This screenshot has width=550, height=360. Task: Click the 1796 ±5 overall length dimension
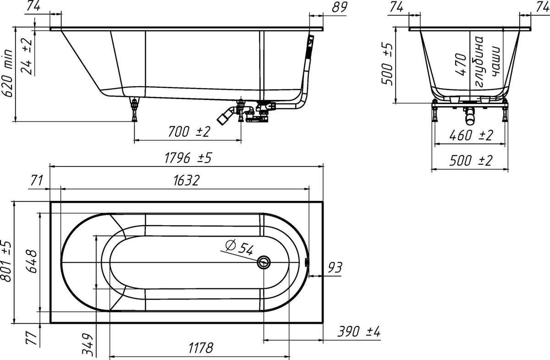(x=188, y=158)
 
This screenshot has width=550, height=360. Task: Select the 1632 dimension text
(x=187, y=180)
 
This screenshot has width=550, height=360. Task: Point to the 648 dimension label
(x=32, y=261)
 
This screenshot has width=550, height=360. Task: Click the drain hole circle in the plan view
(x=264, y=262)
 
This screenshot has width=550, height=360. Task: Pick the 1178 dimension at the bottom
(x=201, y=348)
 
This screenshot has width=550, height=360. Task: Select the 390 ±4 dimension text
(x=359, y=332)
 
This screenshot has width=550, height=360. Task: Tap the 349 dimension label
(x=88, y=345)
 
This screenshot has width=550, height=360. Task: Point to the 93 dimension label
(x=335, y=267)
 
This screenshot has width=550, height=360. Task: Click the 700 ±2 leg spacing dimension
(x=189, y=132)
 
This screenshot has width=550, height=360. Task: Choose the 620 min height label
(x=7, y=73)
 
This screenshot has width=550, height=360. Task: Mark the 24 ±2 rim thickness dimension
(x=27, y=56)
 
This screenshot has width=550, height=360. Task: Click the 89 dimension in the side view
(x=340, y=7)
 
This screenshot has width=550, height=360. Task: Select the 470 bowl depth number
(x=461, y=64)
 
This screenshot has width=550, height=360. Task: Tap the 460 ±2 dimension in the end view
(x=471, y=135)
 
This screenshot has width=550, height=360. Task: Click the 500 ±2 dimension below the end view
(x=471, y=161)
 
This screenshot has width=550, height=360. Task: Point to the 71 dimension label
(x=37, y=180)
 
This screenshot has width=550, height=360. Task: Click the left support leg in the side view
(x=134, y=109)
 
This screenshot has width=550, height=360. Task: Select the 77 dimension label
(x=32, y=338)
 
